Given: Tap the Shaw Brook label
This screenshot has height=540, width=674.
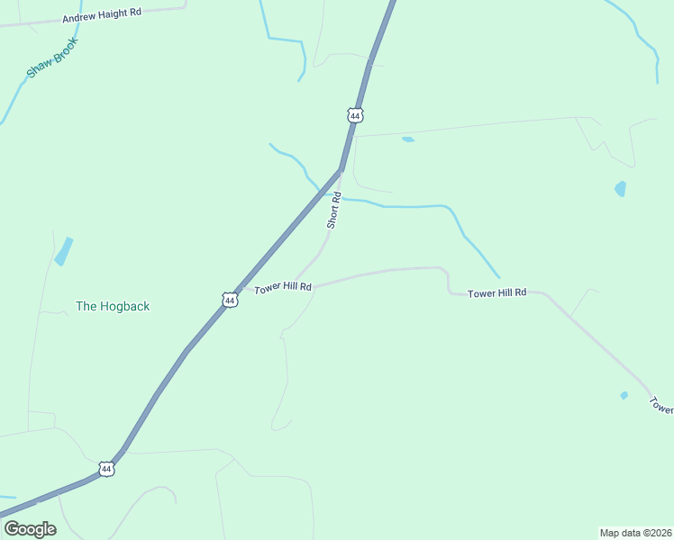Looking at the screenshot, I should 53,57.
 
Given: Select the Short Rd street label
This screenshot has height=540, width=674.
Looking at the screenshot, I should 333,210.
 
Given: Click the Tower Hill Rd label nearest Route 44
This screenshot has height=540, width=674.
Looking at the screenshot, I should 283,288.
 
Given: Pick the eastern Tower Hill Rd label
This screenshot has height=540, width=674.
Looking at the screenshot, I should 496,293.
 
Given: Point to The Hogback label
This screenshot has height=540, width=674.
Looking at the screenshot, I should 113,306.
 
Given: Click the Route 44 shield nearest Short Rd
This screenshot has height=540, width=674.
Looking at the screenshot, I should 355,115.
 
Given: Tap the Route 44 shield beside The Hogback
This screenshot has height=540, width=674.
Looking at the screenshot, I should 231,300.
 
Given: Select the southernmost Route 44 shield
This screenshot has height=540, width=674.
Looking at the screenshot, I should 107,469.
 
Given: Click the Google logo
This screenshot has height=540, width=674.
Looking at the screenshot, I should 30,528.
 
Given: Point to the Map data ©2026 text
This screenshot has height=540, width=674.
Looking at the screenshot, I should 635,532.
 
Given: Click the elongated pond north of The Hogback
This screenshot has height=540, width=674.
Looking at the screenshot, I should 63,251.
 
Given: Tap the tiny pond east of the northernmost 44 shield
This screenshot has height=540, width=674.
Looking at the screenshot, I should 408,139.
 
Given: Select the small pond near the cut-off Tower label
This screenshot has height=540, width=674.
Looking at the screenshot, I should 624,395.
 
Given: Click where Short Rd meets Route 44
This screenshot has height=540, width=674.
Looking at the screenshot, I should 340,170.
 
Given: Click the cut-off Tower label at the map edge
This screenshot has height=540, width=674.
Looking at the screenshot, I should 662,406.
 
